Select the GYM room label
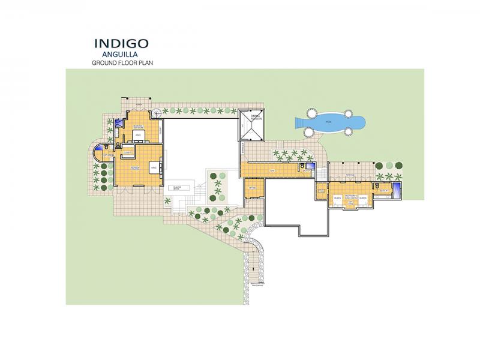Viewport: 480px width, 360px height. (271, 170)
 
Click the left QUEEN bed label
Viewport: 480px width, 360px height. (338, 198)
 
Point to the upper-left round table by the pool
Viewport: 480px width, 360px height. (311, 112)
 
